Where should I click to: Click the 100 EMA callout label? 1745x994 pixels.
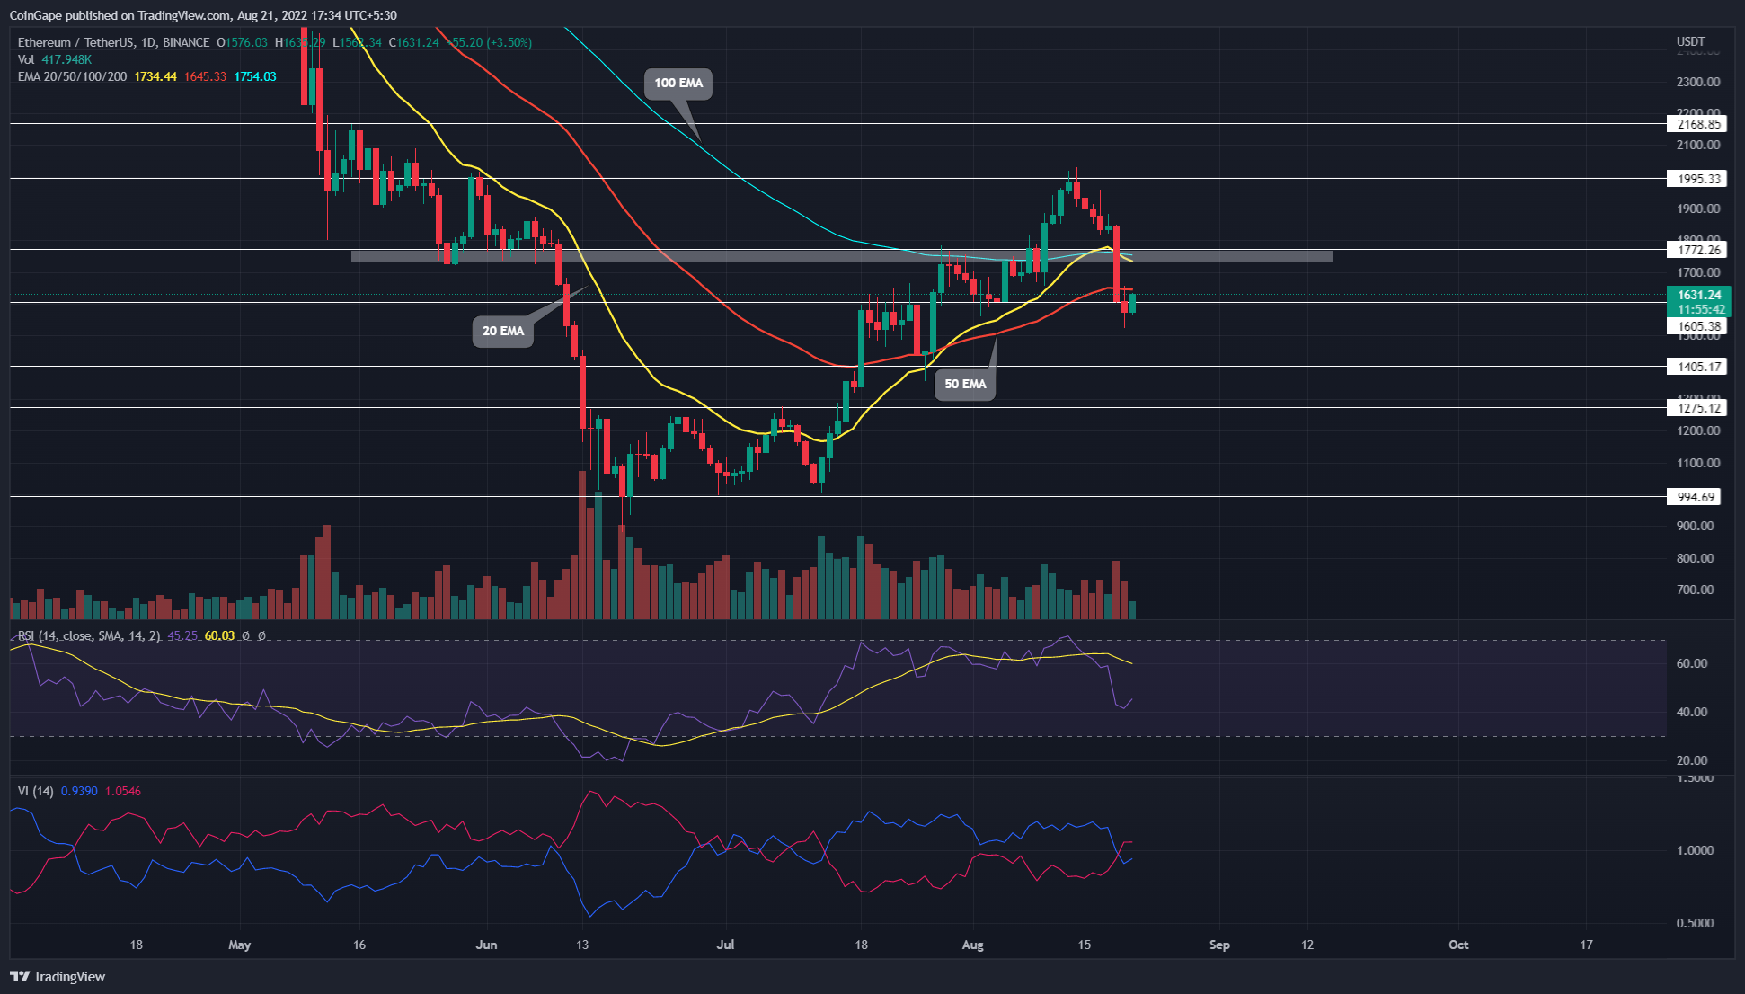(x=678, y=84)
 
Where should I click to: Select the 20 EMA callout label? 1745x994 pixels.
(x=502, y=332)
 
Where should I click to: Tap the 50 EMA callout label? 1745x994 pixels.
(x=965, y=385)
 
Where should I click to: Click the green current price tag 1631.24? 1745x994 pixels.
(x=1698, y=295)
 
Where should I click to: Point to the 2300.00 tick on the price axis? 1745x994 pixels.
(x=1697, y=82)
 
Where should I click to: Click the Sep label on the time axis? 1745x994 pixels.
(x=1219, y=945)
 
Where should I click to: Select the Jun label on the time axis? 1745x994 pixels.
(x=486, y=945)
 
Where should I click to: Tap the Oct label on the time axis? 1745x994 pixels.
(x=1458, y=945)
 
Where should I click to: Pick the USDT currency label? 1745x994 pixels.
(x=1690, y=42)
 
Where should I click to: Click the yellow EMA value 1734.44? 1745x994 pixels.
(x=155, y=76)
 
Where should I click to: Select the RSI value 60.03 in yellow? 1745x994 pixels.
(x=219, y=636)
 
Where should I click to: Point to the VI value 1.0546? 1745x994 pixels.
(x=123, y=792)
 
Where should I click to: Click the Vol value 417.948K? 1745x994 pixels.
(x=66, y=59)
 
